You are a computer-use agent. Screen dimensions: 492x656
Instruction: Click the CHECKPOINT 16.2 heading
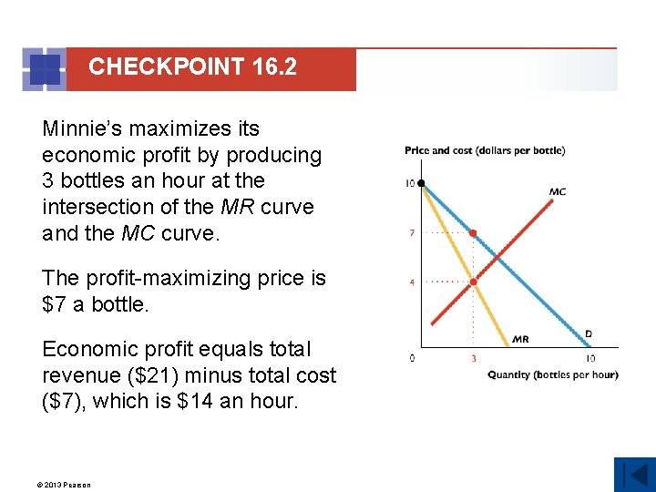tap(192, 67)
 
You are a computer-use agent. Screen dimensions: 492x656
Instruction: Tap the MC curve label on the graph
tap(558, 191)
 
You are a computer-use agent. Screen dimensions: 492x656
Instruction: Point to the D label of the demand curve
tap(588, 334)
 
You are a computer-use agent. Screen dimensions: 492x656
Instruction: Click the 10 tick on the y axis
tap(410, 184)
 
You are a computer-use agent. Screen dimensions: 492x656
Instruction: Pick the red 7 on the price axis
tap(412, 233)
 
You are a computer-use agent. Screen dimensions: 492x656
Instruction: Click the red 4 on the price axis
tap(412, 282)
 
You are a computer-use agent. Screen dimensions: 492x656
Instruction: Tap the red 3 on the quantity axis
tap(473, 359)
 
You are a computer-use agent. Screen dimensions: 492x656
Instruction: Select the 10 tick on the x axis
tap(590, 359)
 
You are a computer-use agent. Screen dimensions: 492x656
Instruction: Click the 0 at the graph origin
tap(412, 358)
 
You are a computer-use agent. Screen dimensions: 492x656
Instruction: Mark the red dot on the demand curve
tap(473, 233)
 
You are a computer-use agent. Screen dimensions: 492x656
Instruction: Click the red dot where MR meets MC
tap(473, 282)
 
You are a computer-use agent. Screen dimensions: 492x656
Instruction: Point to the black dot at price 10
tap(421, 184)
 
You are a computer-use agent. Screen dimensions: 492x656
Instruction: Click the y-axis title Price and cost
tap(485, 150)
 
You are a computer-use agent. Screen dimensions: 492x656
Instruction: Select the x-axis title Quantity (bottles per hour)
tap(552, 374)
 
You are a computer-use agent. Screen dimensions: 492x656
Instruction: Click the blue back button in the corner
tap(634, 474)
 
